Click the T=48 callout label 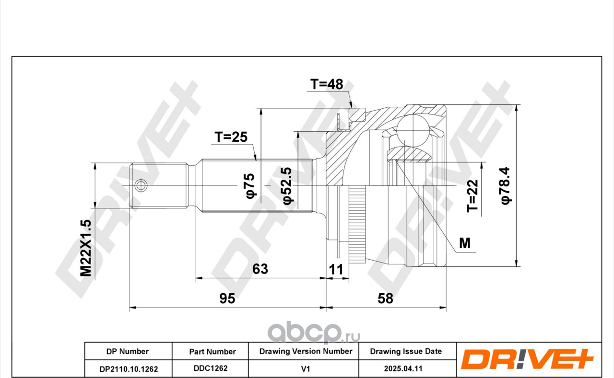click(x=327, y=84)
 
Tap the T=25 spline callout click(x=231, y=137)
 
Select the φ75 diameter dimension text click(x=250, y=185)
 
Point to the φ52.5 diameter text click(x=288, y=186)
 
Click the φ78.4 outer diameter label click(x=506, y=186)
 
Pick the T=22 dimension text click(x=472, y=195)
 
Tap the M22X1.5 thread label click(x=85, y=248)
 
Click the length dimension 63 click(x=260, y=269)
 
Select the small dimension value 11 click(x=336, y=270)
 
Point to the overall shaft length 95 click(x=227, y=298)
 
